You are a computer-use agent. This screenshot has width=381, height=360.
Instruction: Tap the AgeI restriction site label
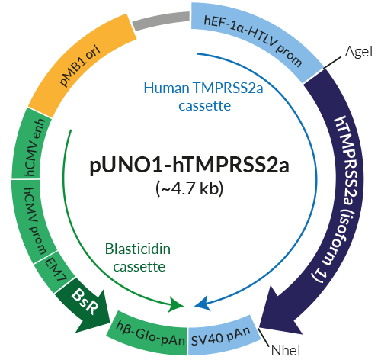coord(357,52)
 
